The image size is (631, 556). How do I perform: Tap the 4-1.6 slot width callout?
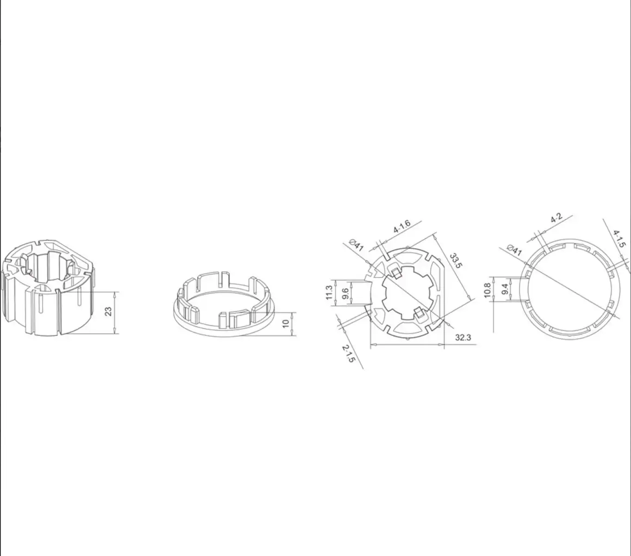pos(402,227)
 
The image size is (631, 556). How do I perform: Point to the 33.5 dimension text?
pos(456,260)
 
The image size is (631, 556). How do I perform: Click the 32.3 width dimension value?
pos(463,337)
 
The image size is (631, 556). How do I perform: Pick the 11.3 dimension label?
pos(329,293)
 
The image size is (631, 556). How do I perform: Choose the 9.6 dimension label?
pos(345,293)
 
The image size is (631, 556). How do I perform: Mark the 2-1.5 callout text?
pos(348,354)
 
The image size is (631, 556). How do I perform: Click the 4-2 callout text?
pos(556,218)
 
